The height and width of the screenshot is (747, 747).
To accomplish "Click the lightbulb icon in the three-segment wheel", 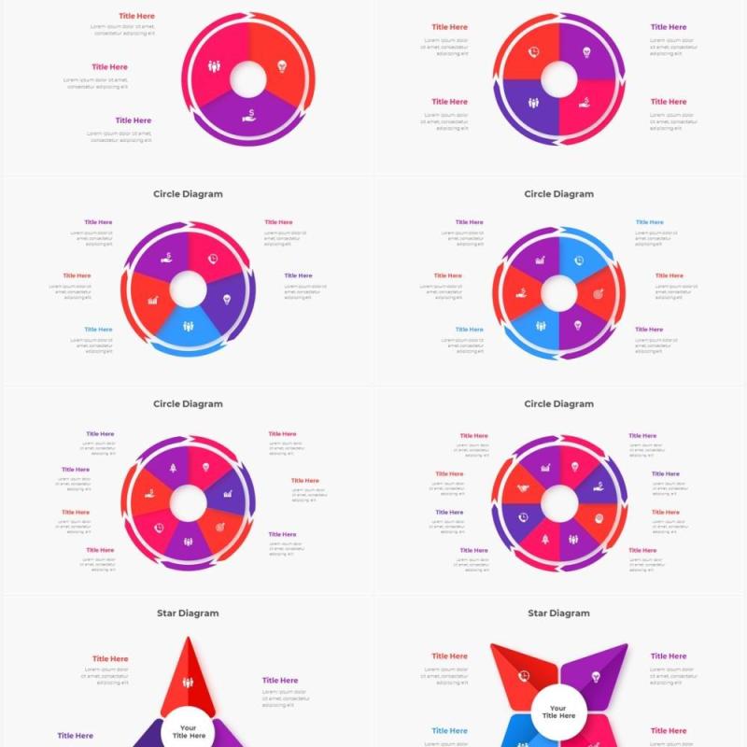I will pyautogui.click(x=282, y=66).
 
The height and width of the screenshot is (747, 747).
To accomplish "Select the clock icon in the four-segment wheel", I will pyautogui.click(x=533, y=53).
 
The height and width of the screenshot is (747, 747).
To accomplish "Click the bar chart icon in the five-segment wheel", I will pyautogui.click(x=153, y=301).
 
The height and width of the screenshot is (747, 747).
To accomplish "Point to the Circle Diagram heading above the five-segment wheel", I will pyautogui.click(x=188, y=194).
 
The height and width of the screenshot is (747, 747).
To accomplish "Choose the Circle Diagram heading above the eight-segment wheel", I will pyautogui.click(x=558, y=404).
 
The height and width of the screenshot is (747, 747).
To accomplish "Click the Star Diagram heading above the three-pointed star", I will pyautogui.click(x=188, y=613).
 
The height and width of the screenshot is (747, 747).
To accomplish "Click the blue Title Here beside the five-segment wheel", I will pyautogui.click(x=98, y=330).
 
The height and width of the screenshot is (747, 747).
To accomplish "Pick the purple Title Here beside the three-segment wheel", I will pyautogui.click(x=134, y=120).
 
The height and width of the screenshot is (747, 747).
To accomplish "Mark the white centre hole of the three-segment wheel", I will pyautogui.click(x=249, y=79).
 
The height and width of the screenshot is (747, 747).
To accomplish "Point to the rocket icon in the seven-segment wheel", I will pyautogui.click(x=173, y=468).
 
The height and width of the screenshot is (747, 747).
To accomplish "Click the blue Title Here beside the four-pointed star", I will pyautogui.click(x=449, y=731).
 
